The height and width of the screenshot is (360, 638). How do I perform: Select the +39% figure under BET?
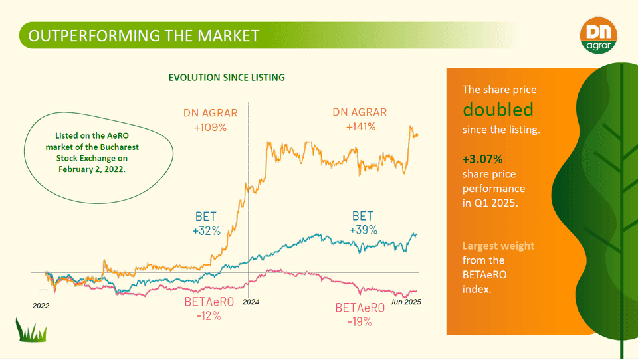363,230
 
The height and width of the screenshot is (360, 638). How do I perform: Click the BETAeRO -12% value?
209,316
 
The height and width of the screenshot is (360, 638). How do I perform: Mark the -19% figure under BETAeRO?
360,322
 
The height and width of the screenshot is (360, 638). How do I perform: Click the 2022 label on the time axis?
41,306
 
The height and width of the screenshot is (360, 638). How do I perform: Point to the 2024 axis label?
251,302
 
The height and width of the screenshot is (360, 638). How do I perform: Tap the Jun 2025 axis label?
405,302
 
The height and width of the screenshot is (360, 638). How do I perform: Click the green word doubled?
498,109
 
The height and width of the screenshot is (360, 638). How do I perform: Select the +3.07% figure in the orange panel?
482,159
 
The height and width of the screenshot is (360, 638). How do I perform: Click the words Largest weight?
498,246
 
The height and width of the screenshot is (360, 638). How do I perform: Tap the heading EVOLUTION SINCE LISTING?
227,77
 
